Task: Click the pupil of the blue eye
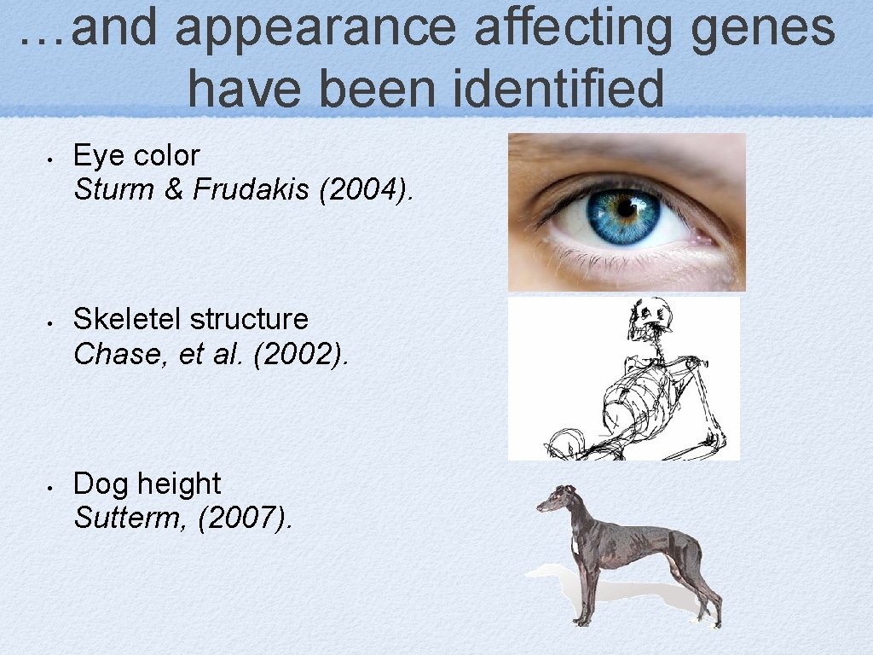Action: pyautogui.click(x=627, y=207)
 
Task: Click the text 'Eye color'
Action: pyautogui.click(x=136, y=155)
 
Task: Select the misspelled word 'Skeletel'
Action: pyautogui.click(x=128, y=319)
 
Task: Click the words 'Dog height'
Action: pyautogui.click(x=147, y=484)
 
